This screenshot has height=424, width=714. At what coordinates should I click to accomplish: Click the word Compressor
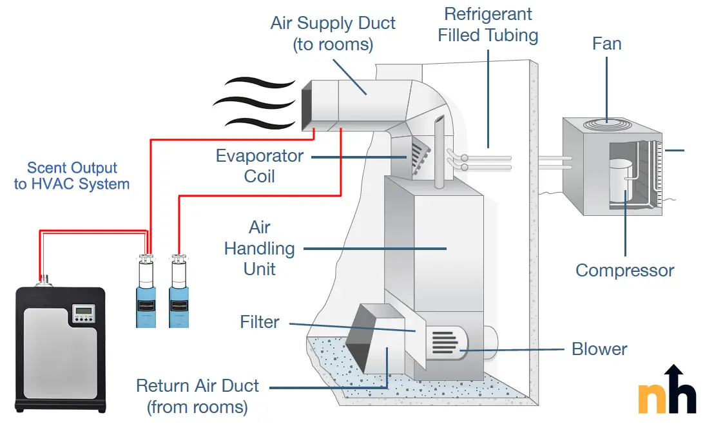coord(624,270)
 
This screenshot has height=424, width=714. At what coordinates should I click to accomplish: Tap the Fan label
coord(607,44)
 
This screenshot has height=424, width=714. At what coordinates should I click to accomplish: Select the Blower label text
coord(599,349)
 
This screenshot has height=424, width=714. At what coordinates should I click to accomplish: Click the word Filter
coord(260,322)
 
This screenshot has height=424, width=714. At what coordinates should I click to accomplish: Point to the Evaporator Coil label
coord(260,166)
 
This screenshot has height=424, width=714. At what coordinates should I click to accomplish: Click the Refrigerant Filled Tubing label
coord(488,24)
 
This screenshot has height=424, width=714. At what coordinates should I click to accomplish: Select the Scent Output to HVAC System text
coord(72,176)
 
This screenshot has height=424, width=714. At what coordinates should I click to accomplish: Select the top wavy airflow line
coord(255,84)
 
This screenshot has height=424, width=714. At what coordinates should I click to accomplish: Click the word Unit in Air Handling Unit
coord(260,269)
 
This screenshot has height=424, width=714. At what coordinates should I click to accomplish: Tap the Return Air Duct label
coord(197,396)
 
